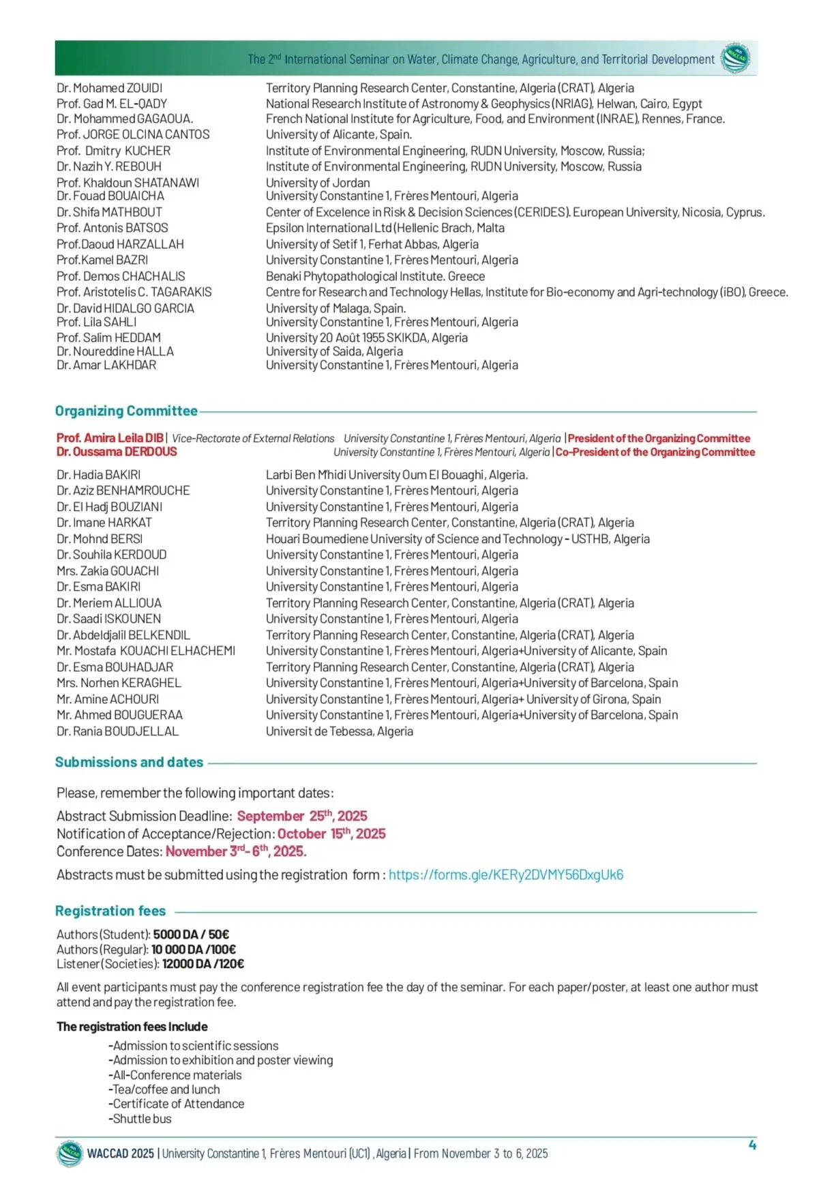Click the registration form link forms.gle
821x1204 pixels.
point(505,875)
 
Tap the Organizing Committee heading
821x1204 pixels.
point(126,411)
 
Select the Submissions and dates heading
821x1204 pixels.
point(129,762)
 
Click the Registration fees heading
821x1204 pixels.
point(110,911)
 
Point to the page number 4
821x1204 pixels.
point(752,1145)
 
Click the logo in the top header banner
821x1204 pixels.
point(735,58)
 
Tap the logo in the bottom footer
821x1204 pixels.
point(70,1154)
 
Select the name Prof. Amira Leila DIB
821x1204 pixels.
point(110,438)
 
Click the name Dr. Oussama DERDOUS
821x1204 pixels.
point(117,452)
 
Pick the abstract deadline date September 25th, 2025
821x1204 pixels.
point(302,816)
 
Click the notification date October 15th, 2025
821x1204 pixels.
point(331,834)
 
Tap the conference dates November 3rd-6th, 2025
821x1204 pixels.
point(236,851)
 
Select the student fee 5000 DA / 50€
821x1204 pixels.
point(191,935)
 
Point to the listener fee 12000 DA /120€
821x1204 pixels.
point(203,964)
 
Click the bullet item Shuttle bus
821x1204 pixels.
point(140,1119)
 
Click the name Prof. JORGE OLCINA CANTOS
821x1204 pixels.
point(133,134)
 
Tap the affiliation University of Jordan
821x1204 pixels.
point(318,183)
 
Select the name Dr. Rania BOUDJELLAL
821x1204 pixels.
point(117,731)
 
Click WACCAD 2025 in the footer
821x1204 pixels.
point(121,1154)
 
